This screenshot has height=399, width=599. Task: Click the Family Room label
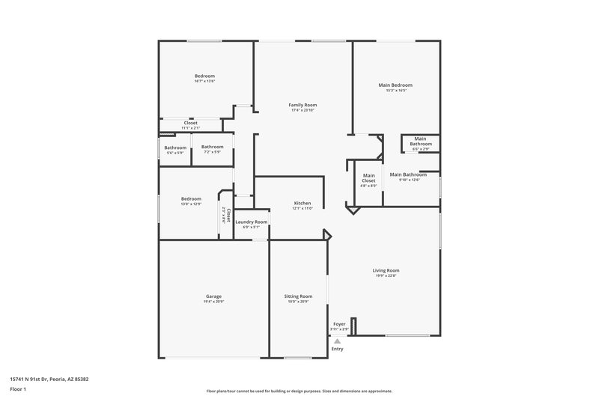[x=302, y=105]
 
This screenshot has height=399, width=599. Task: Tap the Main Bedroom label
[x=395, y=85]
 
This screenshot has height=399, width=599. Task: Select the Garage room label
[x=213, y=296]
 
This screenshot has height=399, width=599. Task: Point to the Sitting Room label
[x=297, y=296]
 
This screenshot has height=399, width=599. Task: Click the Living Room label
[x=386, y=270]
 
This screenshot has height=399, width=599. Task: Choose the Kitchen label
[x=302, y=203]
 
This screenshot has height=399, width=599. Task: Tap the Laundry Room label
[x=251, y=222]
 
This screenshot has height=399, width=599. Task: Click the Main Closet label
[x=368, y=178]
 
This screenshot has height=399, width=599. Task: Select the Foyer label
[x=339, y=324]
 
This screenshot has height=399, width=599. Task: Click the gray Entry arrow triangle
[x=338, y=341]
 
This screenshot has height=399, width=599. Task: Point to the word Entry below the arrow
[x=338, y=349]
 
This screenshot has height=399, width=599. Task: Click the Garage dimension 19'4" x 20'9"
[x=213, y=302]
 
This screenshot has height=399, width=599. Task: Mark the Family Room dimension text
[x=302, y=110]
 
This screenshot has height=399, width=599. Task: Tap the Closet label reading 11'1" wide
[x=190, y=123]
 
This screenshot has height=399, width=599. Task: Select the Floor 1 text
[x=17, y=390]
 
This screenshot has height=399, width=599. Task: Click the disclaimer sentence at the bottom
[x=299, y=391]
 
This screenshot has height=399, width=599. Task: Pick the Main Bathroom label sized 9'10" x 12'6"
[x=409, y=174]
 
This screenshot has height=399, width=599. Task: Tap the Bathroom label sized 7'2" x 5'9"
[x=212, y=147]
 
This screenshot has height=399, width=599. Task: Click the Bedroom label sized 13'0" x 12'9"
[x=191, y=198]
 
